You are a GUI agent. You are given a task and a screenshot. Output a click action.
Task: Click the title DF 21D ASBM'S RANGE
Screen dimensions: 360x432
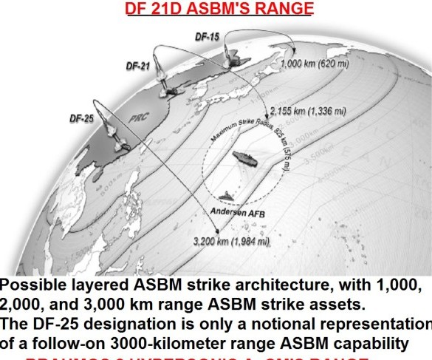pos(219,9)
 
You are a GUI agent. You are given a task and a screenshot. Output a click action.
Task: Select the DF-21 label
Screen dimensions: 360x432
pos(138,67)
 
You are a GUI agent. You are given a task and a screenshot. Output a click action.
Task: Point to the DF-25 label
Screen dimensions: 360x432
pos(82,118)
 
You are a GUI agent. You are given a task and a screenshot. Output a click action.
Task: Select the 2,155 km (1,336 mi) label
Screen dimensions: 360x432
pos(308,111)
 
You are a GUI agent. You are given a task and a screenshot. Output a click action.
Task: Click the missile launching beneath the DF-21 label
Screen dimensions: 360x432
pos(171,89)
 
